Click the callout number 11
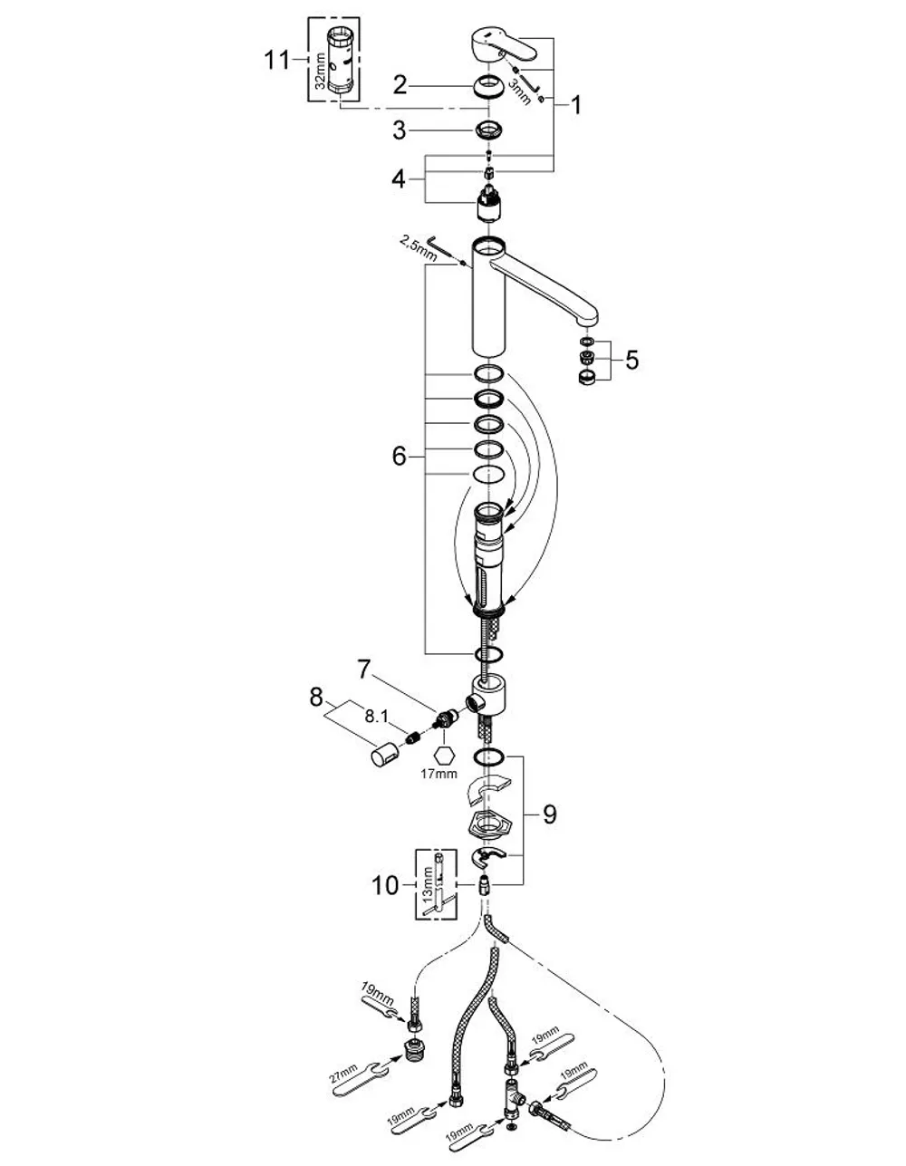click(x=277, y=60)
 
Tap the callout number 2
click(x=400, y=86)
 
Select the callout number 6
click(x=400, y=457)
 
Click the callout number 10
click(x=386, y=885)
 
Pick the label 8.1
click(x=376, y=717)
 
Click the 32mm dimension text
click(x=320, y=71)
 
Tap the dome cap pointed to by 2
click(x=489, y=88)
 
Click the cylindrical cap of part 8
click(x=383, y=755)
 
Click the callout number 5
click(x=631, y=360)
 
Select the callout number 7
click(x=364, y=670)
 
